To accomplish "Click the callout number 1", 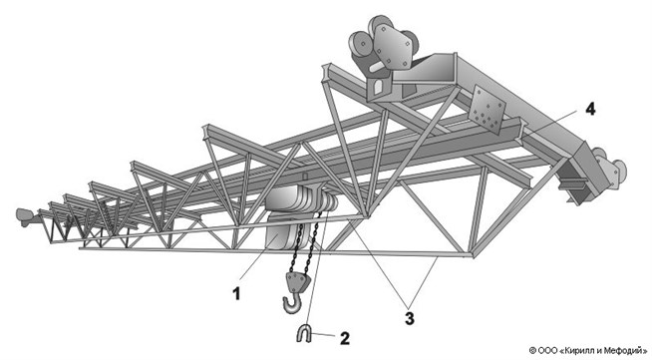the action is (x=236, y=294).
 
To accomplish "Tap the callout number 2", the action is (x=345, y=338).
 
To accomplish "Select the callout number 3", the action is (x=410, y=318).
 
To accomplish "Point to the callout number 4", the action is (x=590, y=110).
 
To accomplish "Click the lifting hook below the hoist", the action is (x=291, y=303).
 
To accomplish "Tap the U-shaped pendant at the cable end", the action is (x=304, y=334).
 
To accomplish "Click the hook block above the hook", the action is (x=297, y=282).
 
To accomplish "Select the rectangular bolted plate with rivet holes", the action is (x=487, y=109).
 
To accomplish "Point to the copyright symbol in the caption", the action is (x=532, y=350).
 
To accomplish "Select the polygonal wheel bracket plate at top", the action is (x=393, y=46).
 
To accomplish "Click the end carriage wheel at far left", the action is (x=25, y=216).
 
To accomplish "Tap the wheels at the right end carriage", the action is (x=610, y=168).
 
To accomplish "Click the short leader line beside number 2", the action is (x=323, y=334).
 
